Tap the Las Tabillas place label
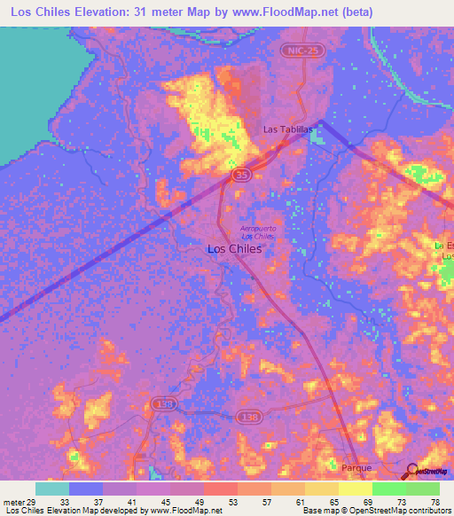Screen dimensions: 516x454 [x=289, y=129]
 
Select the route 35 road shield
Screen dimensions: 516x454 [x=242, y=176]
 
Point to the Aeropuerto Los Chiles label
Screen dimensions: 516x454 [x=257, y=232]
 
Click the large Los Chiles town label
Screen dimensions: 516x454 [x=234, y=249]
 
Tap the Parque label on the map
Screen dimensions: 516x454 [x=357, y=465]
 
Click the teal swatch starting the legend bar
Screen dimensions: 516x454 [x=51, y=489]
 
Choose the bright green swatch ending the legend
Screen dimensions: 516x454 [x=423, y=489]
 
